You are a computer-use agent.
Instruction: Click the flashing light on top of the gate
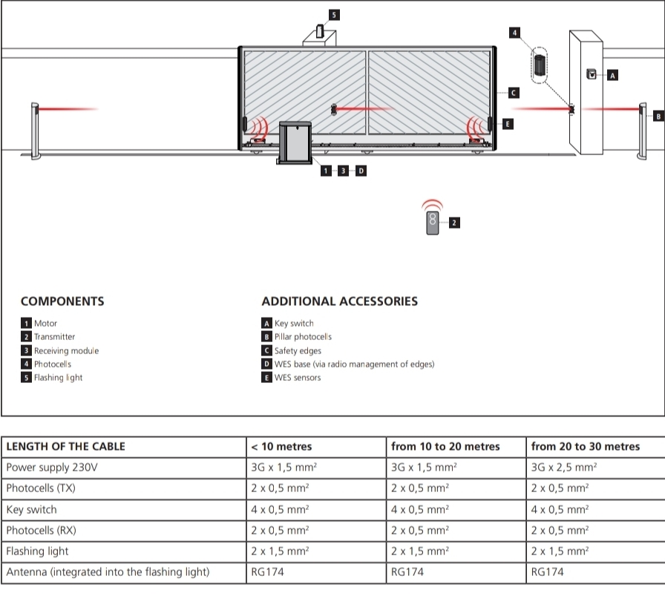click(320, 31)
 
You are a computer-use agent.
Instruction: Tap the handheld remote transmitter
click(432, 223)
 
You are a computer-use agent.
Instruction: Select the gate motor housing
click(295, 143)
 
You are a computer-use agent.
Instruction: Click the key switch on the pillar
click(592, 73)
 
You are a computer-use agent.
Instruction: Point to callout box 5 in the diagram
click(334, 15)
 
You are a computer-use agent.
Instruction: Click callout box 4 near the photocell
click(514, 33)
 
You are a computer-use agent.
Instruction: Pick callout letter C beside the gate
click(514, 93)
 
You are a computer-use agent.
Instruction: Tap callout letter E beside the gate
click(507, 124)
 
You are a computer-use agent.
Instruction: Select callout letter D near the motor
click(361, 171)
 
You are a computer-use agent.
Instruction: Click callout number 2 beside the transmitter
click(454, 223)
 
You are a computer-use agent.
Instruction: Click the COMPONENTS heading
click(62, 301)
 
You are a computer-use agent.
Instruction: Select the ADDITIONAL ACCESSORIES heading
click(339, 301)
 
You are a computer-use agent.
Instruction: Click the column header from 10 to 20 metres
click(445, 446)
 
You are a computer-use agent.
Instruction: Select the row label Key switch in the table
click(31, 509)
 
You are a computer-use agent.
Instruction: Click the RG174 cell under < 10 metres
click(267, 572)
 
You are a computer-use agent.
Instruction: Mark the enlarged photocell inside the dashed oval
click(539, 65)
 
